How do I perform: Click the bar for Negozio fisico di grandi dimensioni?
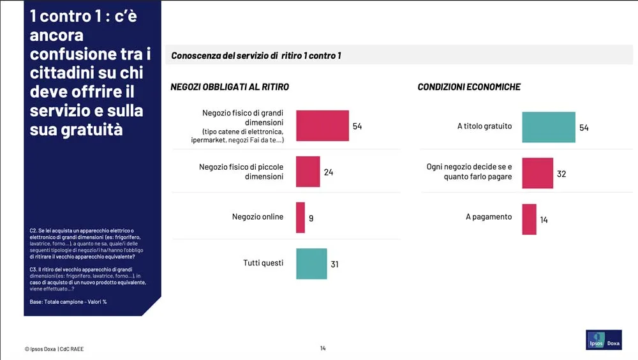322,126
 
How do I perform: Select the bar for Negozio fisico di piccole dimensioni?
308,172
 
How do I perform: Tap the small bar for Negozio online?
300,218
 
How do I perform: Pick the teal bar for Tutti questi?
311,264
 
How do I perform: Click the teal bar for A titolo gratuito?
549,127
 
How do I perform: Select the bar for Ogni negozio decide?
538,173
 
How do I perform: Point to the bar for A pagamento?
529,219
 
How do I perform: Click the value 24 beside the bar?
329,172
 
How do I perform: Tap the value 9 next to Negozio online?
311,218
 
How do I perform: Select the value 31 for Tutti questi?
335,264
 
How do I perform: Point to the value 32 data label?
561,174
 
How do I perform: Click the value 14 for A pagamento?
544,220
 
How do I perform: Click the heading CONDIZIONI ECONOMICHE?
469,87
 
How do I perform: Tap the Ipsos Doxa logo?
604,340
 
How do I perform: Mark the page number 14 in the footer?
323,349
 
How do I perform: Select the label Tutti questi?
263,263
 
